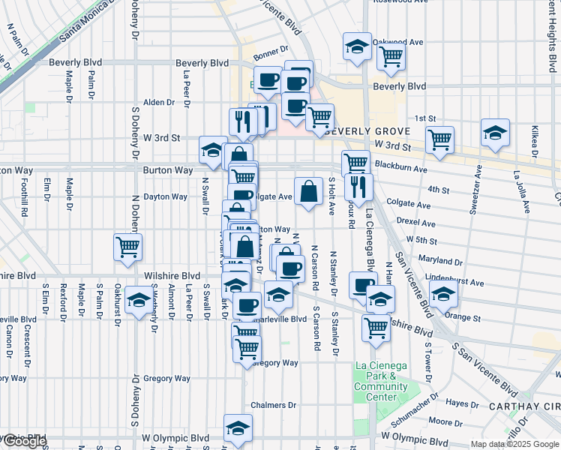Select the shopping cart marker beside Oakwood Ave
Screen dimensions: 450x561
click(391, 56)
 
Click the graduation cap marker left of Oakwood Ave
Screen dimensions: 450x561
click(357, 46)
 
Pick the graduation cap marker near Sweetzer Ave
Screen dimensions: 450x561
click(495, 133)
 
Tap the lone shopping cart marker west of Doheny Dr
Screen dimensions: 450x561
click(127, 247)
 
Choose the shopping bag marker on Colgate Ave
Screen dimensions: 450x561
click(308, 192)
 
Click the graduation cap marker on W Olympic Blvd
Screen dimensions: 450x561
click(238, 427)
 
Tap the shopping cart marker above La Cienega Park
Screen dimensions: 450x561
click(375, 326)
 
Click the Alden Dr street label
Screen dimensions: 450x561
click(158, 102)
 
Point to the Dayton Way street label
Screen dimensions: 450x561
click(165, 196)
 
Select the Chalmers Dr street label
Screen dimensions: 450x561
click(274, 405)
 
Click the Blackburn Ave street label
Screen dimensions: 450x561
click(422, 169)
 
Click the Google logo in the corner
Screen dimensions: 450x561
click(24, 442)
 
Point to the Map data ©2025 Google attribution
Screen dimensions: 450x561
click(514, 444)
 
